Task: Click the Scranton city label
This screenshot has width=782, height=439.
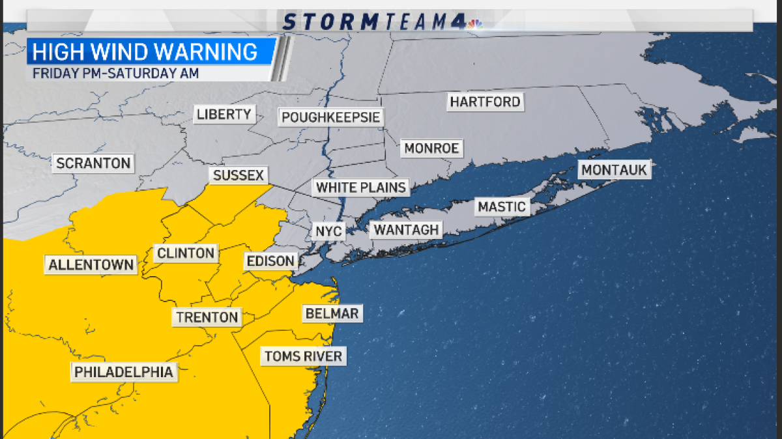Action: click(93, 163)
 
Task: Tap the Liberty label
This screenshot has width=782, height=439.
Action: click(224, 115)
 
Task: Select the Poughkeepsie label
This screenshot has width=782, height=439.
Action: click(330, 118)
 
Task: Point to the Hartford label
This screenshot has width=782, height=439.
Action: click(485, 102)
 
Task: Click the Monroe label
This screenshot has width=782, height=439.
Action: click(431, 149)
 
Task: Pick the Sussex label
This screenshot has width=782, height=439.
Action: click(238, 175)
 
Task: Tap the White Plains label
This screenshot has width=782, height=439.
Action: click(361, 188)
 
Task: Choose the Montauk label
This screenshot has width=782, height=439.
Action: click(614, 170)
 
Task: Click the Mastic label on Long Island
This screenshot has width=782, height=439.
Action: click(501, 207)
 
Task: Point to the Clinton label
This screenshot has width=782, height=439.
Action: click(186, 253)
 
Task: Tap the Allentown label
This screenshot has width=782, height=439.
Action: click(91, 265)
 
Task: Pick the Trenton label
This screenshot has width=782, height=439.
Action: click(207, 317)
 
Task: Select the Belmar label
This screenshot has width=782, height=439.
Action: click(332, 314)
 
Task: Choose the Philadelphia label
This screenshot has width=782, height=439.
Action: click(123, 372)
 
